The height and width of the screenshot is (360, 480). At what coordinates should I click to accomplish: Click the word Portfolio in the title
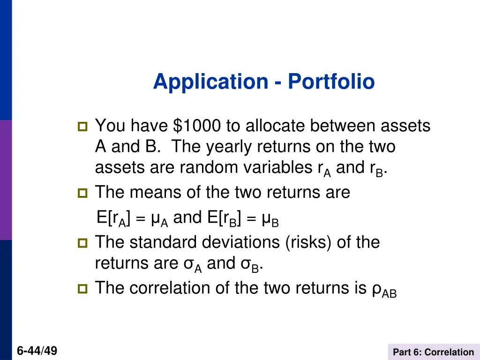[x=331, y=82]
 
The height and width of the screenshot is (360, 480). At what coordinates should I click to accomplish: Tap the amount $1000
[x=197, y=126]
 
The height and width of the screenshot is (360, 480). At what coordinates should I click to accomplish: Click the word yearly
[x=230, y=147]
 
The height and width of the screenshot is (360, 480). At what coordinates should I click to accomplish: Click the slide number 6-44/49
[x=37, y=351]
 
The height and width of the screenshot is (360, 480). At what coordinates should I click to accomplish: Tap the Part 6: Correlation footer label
[x=433, y=352]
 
